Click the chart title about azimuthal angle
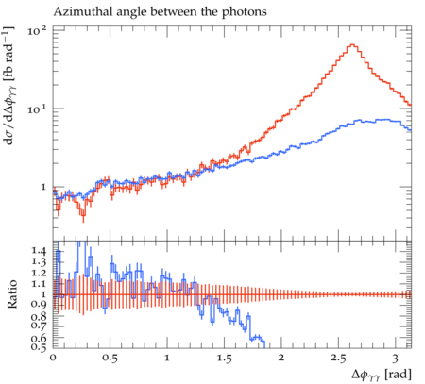(160, 12)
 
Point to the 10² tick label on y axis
(37, 31)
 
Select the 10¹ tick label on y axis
(37, 109)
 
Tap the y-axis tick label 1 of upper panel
(43, 187)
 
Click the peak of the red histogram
(352, 44)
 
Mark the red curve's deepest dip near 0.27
(83, 215)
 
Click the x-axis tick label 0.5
(110, 359)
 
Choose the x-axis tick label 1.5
(224, 359)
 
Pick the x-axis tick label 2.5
(338, 359)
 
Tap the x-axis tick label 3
(395, 359)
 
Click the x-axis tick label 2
(281, 359)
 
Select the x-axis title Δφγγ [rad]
(382, 375)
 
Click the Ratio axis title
(12, 294)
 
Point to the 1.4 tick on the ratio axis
(39, 251)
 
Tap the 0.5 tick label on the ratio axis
(39, 346)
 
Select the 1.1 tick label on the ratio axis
(39, 284)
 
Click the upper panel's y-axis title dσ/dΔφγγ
(9, 86)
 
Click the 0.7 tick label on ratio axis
(39, 325)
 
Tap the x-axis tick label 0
(53, 359)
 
